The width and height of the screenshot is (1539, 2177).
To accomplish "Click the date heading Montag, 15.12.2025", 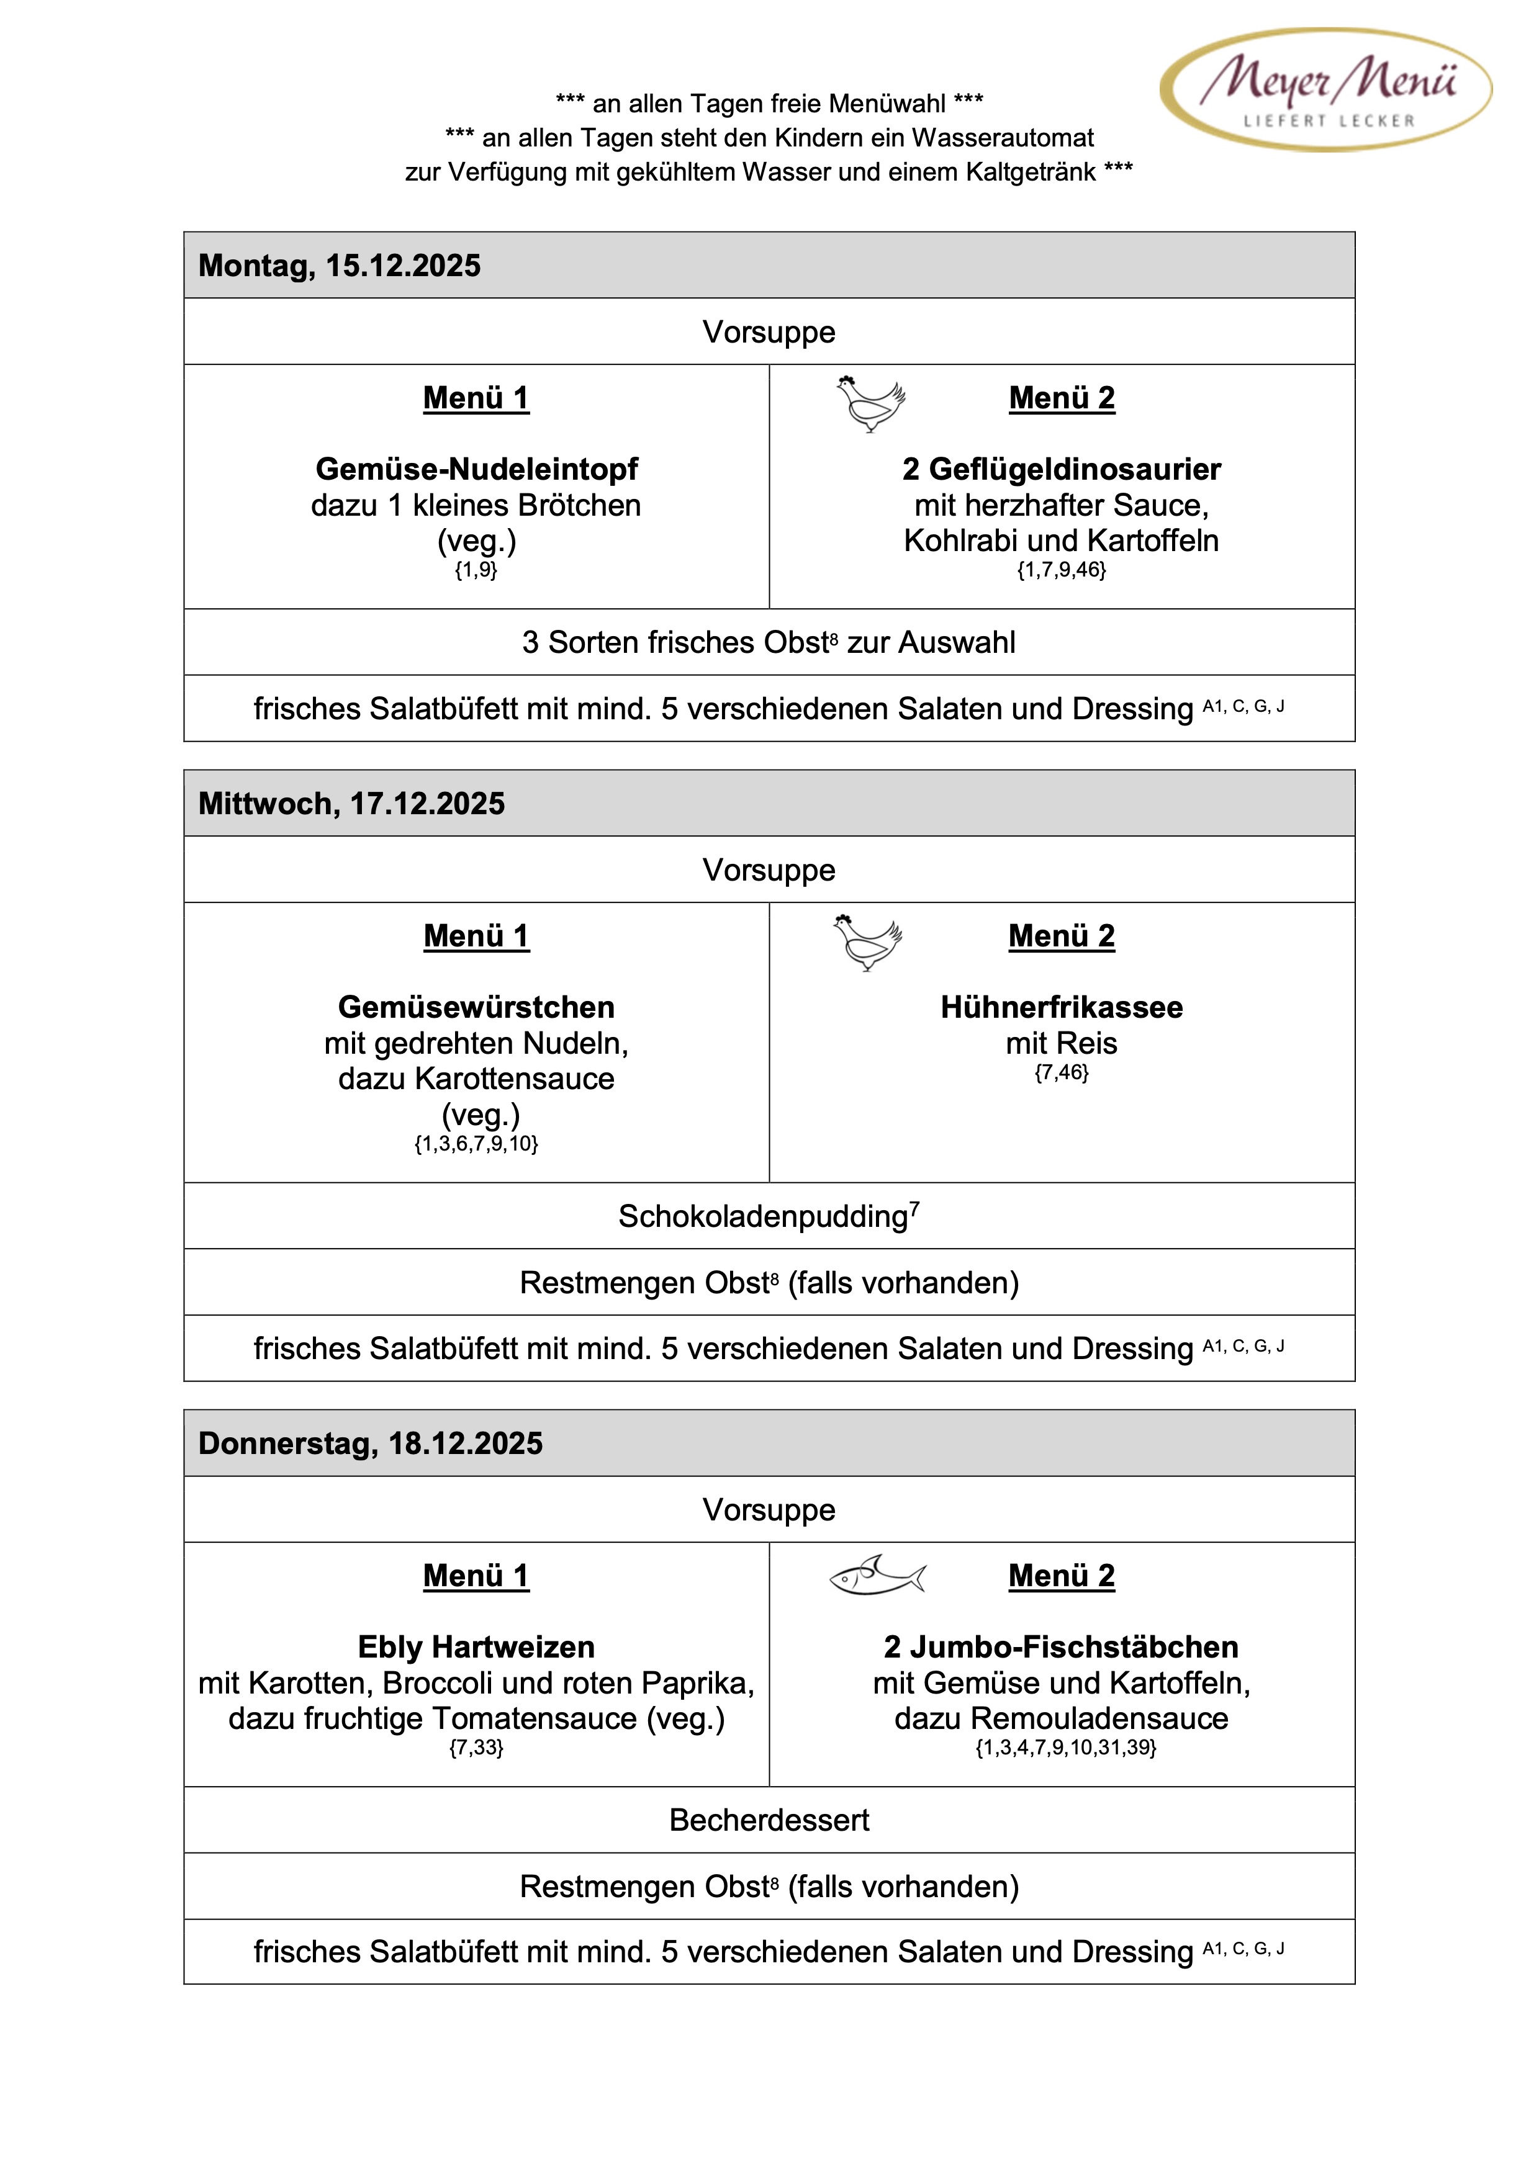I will click(x=338, y=266).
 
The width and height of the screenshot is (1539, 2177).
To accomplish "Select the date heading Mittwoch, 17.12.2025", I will click(x=351, y=803).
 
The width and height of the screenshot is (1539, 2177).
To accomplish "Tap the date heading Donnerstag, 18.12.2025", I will click(x=370, y=1443).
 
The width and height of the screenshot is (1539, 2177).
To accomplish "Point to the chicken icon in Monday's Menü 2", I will click(x=870, y=403).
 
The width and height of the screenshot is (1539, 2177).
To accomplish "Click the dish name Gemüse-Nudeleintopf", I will click(x=476, y=469).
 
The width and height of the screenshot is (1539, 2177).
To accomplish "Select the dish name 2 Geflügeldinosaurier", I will click(x=1061, y=469).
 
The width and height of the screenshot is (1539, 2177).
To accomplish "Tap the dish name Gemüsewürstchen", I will click(x=476, y=1007).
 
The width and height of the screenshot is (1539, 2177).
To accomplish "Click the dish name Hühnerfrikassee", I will click(x=1061, y=1007).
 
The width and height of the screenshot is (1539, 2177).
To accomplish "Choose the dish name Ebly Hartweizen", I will click(x=476, y=1647).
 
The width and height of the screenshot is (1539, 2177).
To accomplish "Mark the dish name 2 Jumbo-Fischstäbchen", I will click(x=1061, y=1647).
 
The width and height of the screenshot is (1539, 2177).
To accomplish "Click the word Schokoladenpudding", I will click(x=764, y=1216).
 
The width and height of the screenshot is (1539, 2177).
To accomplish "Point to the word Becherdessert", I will click(x=769, y=1820).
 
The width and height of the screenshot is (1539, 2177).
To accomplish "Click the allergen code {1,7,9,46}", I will click(x=1061, y=570).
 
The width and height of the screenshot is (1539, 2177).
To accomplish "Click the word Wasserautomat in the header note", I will click(x=1002, y=138).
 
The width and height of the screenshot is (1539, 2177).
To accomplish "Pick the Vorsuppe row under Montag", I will click(x=769, y=332).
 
